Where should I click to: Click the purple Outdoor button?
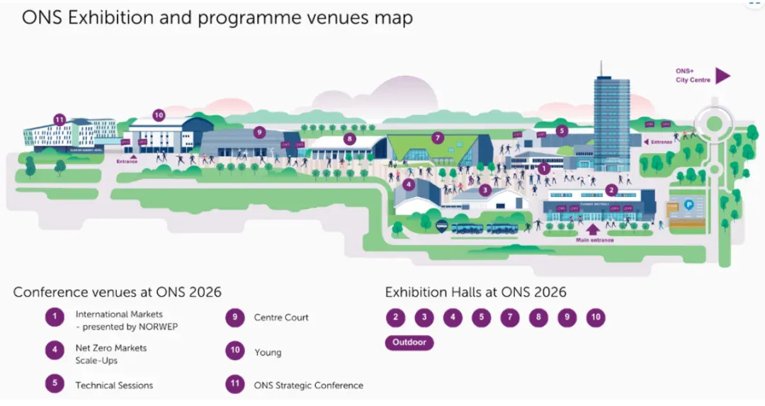(409, 342)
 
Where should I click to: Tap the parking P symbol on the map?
(688, 205)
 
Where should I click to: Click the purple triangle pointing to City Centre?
(722, 76)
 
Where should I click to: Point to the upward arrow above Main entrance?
(593, 228)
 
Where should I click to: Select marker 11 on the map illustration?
(59, 119)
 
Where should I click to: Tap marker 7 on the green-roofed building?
(437, 137)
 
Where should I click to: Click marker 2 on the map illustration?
(611, 189)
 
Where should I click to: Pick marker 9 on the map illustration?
(260, 131)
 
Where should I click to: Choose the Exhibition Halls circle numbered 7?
(509, 317)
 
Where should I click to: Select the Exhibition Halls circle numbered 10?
(596, 317)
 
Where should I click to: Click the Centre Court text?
(281, 317)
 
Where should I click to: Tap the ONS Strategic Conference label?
(308, 385)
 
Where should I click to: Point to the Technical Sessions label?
(114, 385)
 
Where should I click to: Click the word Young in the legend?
(268, 352)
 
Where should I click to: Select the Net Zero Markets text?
(111, 348)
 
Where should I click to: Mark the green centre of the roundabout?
(713, 124)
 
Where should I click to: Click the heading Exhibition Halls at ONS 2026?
(475, 292)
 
